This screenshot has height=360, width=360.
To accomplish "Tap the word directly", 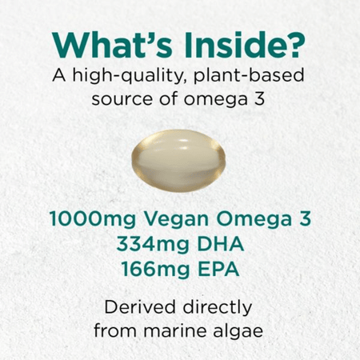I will pyautogui.click(x=219, y=307).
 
